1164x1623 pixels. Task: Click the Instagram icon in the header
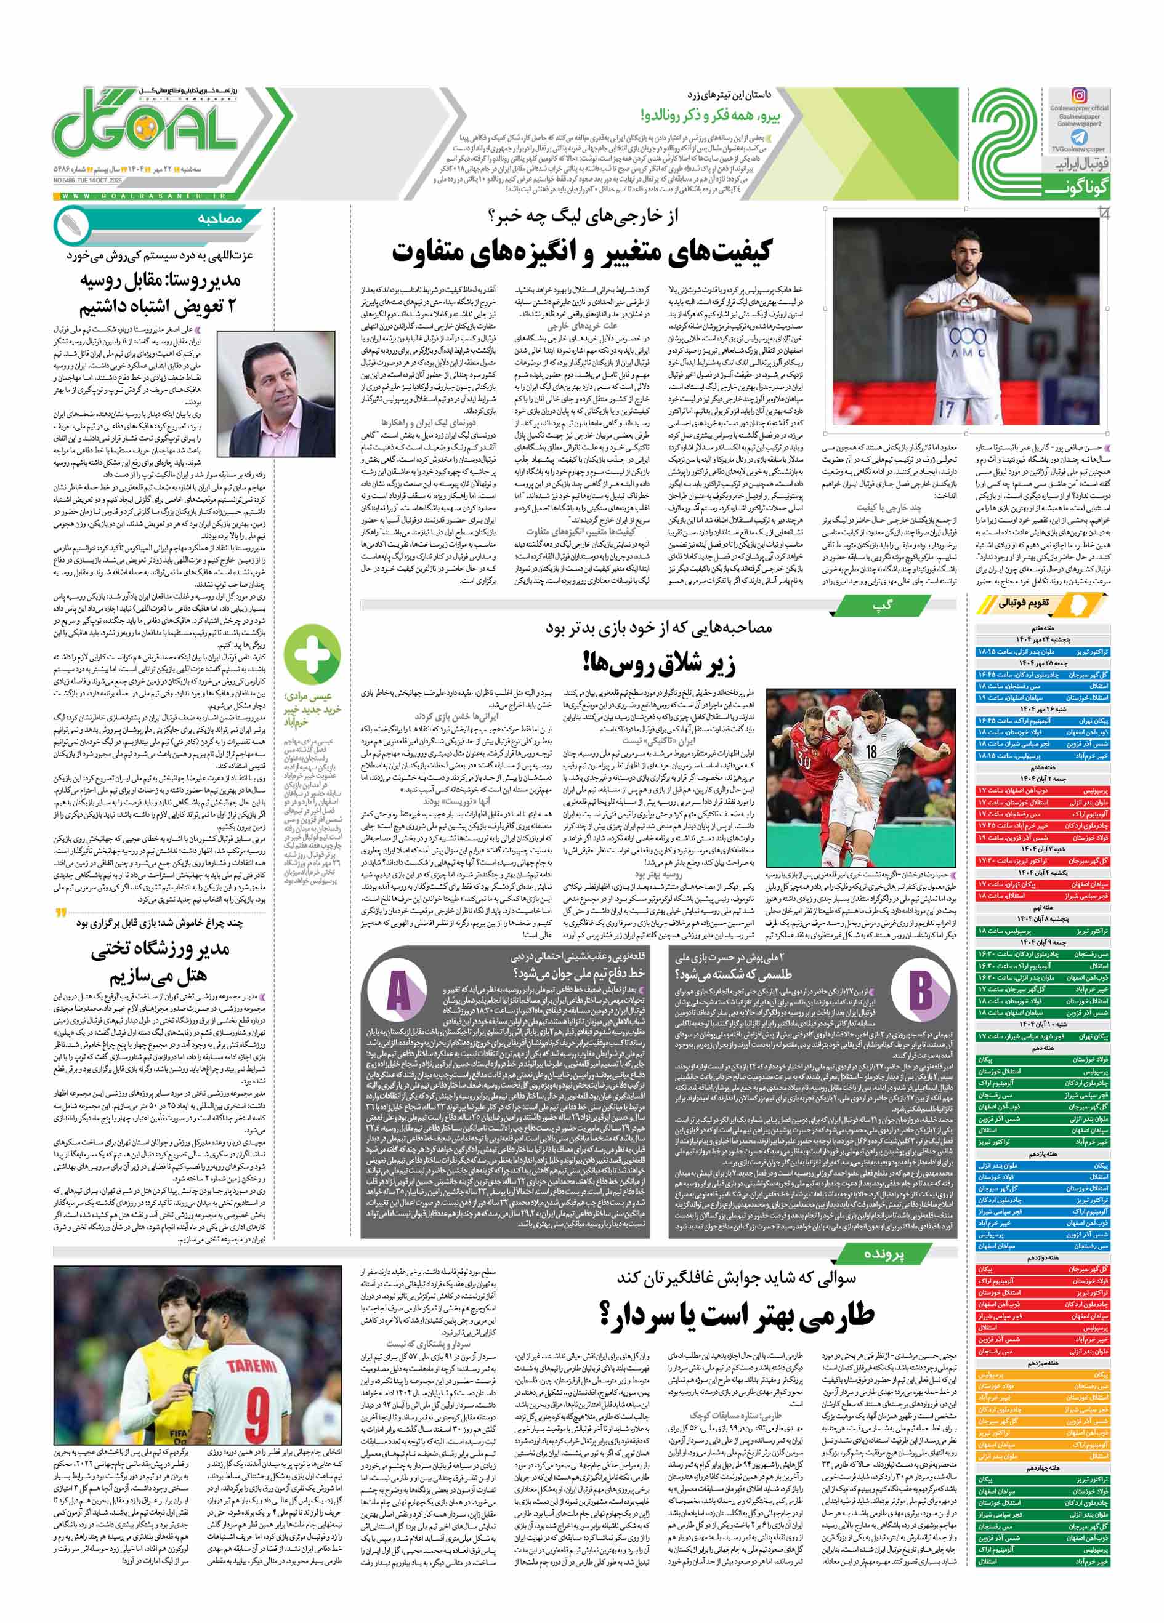coord(1079,95)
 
